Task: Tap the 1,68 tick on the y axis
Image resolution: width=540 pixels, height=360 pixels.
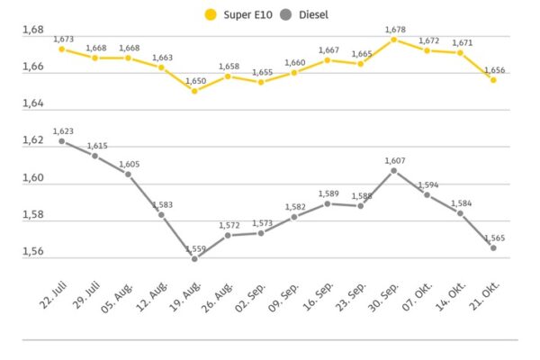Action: tap(32, 31)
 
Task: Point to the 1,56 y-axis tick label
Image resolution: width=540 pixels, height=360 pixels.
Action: tap(32, 252)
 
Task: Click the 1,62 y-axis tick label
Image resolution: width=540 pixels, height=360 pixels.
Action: tap(32, 141)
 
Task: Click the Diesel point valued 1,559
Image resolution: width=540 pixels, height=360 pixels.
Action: tap(194, 258)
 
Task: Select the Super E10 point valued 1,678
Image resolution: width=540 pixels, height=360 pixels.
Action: tap(393, 40)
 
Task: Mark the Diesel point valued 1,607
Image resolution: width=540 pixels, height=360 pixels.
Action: tap(393, 170)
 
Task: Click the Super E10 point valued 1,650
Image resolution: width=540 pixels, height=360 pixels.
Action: tap(194, 91)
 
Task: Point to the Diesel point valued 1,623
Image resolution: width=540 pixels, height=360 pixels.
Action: tap(61, 141)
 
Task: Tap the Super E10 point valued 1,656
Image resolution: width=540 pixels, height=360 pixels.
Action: tap(493, 80)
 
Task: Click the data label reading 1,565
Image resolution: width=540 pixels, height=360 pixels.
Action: tap(493, 238)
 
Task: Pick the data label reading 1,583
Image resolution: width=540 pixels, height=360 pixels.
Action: tap(162, 205)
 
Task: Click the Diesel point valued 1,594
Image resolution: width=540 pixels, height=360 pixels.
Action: tap(427, 194)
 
